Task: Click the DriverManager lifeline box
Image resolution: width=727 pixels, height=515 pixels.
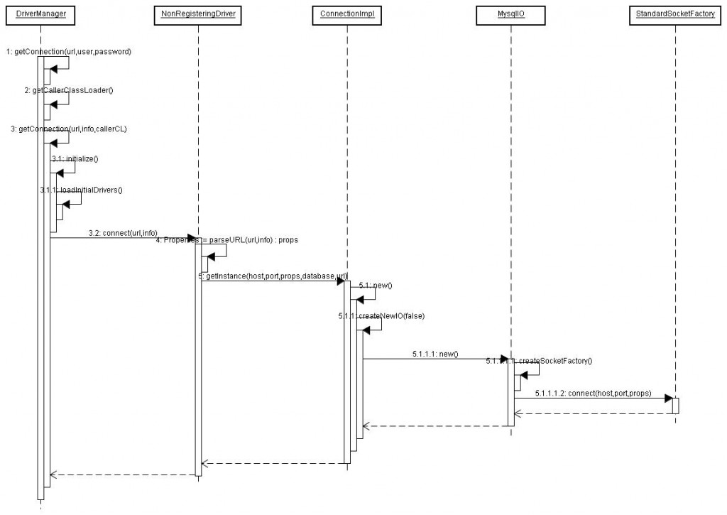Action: tap(40, 15)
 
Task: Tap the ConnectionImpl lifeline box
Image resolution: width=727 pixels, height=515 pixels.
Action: tap(347, 15)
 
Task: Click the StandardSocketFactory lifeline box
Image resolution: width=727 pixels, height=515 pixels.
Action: tap(674, 15)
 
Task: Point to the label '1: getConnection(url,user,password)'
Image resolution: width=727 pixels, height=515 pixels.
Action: tap(68, 52)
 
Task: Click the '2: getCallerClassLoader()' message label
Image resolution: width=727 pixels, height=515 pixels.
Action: tap(69, 90)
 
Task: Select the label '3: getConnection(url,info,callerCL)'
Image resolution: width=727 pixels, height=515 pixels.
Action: tap(69, 129)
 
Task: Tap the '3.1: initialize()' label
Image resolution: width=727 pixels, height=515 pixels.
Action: tap(75, 159)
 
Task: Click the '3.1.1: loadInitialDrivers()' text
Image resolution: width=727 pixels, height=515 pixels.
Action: tap(81, 190)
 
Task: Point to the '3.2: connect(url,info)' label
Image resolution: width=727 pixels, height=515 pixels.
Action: tap(123, 232)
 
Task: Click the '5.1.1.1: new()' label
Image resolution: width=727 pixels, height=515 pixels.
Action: tap(434, 353)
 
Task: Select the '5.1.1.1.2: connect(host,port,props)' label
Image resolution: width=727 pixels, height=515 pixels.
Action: tap(593, 393)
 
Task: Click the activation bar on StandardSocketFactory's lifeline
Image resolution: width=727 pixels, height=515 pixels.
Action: tap(675, 405)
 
